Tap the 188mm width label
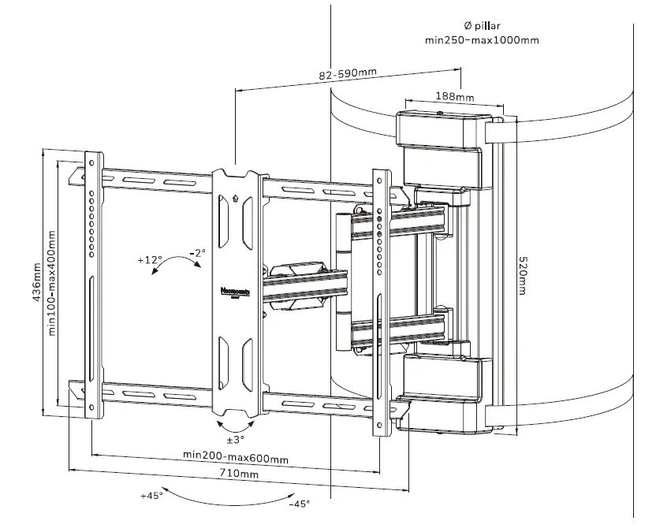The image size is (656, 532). pos(455,97)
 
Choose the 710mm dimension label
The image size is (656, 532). pos(239,474)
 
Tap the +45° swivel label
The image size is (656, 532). pos(151,496)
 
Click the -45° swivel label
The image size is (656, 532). pos(300,504)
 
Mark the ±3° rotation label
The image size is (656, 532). pos(236,439)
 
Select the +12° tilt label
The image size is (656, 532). pos(149,259)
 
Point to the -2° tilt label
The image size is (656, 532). pos(197,253)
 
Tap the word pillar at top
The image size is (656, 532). pos(494,27)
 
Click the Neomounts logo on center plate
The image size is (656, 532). pos(235,291)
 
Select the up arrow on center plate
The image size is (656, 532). pos(235,199)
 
